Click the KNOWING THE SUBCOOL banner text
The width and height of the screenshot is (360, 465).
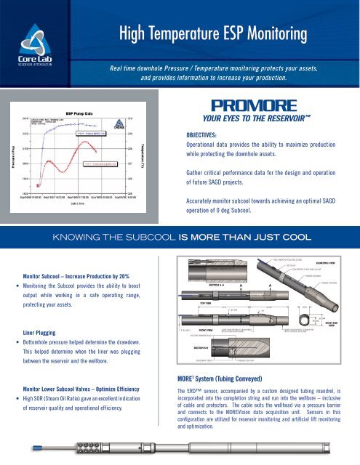click(x=179, y=235)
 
